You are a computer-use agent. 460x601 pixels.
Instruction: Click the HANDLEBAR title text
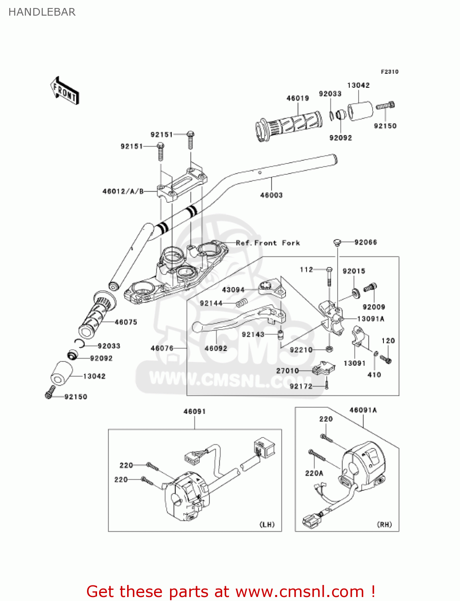coord(42,12)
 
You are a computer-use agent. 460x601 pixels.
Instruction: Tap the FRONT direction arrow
coord(65,91)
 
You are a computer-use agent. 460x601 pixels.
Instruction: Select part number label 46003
coord(271,195)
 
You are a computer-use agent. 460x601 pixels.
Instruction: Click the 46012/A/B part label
coord(123,192)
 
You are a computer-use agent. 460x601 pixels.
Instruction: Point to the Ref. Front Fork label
coord(267,243)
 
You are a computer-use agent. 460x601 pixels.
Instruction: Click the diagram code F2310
coord(389,72)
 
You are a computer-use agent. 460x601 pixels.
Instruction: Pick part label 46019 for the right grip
coord(298,98)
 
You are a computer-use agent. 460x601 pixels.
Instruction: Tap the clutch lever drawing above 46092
coord(237,319)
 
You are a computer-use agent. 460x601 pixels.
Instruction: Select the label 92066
coord(365,242)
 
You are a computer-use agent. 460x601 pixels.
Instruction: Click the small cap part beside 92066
coord(337,242)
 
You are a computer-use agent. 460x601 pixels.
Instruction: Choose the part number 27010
coord(287,371)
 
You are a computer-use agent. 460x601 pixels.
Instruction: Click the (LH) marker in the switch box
coord(267,524)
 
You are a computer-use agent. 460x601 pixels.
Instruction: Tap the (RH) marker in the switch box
coord(384,524)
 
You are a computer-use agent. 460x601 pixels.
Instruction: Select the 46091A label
coord(363,410)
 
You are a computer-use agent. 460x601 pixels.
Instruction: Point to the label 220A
coord(314,473)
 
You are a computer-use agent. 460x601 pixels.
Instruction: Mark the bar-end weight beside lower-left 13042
coord(60,374)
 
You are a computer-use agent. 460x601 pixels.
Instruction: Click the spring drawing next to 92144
coord(241,303)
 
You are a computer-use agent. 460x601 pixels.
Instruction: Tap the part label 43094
coord(233,290)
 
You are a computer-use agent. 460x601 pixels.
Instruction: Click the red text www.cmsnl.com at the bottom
coord(299,592)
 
